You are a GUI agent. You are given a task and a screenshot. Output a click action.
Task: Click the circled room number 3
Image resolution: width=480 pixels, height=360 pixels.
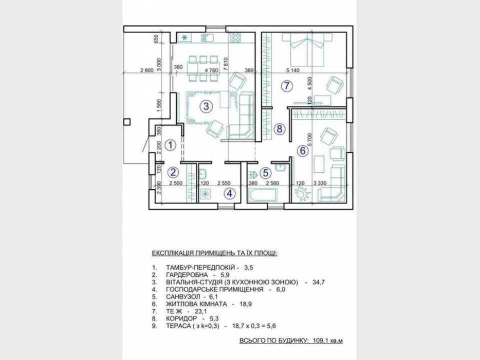(206, 106)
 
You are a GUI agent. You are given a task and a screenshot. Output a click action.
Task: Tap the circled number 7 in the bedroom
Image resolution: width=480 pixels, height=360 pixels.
(286, 86)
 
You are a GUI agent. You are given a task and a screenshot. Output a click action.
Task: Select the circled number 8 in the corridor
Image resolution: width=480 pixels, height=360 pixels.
(279, 128)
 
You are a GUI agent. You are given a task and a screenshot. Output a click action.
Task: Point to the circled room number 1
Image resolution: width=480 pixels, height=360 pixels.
(170, 145)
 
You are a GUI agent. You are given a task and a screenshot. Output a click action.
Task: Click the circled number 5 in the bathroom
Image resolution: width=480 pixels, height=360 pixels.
(265, 173)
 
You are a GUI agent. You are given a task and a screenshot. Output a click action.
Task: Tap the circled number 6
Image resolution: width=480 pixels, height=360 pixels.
(303, 150)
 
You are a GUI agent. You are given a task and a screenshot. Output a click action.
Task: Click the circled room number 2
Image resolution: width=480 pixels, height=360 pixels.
(173, 172)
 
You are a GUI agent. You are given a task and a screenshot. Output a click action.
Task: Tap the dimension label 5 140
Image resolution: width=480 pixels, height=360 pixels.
(293, 70)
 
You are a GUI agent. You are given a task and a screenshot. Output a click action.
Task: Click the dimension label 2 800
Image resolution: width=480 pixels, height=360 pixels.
(146, 70)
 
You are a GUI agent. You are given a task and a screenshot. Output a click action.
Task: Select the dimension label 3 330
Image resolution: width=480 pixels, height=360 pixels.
(320, 183)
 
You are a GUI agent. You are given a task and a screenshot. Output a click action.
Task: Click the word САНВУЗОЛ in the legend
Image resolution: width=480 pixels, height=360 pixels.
(183, 296)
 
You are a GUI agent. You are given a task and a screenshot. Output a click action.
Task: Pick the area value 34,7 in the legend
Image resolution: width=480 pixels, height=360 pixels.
(318, 282)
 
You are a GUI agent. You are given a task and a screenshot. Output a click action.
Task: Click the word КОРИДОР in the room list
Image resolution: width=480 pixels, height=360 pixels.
(181, 318)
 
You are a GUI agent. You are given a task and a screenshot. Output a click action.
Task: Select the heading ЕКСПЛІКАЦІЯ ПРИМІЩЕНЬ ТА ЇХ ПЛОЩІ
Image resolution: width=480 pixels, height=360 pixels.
(215, 253)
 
